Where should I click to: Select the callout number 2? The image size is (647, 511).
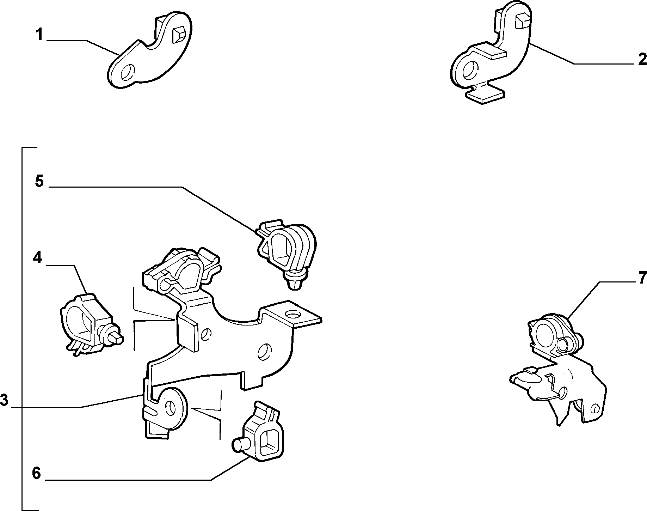pos(642,59)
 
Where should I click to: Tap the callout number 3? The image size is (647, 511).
pos(4,400)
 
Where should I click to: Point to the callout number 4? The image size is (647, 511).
pos(37,258)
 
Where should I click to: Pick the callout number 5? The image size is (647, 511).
pos(39,182)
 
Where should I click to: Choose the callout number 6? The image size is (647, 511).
pos(36,473)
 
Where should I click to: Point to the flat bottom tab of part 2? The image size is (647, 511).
pos(485,94)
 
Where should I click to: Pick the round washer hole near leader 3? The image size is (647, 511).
pos(171,408)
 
